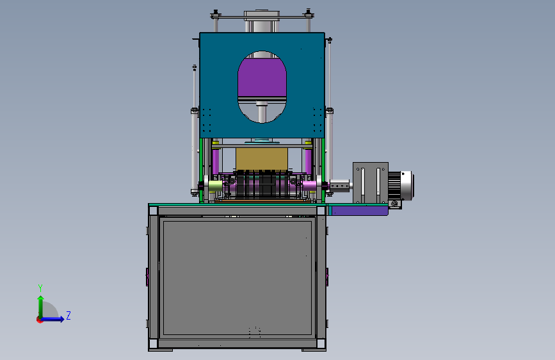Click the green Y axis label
[40, 288]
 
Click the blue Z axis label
[68, 315]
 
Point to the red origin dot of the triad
[40, 320]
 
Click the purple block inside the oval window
[262, 78]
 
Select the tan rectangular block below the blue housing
[262, 159]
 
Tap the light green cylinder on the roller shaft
[215, 186]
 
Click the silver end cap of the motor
[407, 186]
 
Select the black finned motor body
[394, 186]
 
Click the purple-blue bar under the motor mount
[360, 211]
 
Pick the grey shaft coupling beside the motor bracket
[339, 185]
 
